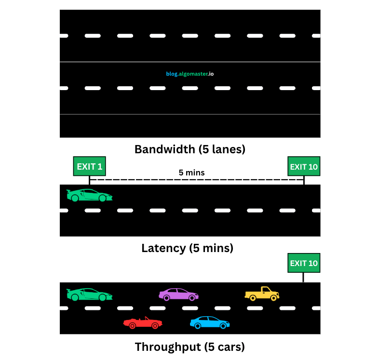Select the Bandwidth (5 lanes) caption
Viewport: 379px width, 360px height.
189,149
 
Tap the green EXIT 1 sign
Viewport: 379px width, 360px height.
89,167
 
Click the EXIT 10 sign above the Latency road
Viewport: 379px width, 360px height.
304,167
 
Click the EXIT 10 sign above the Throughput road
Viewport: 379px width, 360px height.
304,263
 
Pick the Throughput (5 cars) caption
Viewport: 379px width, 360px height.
189,347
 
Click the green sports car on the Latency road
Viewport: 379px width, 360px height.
90,195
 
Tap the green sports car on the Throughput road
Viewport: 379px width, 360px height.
90,294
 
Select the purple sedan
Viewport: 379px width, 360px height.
178,294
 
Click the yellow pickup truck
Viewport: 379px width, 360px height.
262,293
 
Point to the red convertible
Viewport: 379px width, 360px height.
143,323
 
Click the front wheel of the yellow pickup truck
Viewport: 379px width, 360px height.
274,298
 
